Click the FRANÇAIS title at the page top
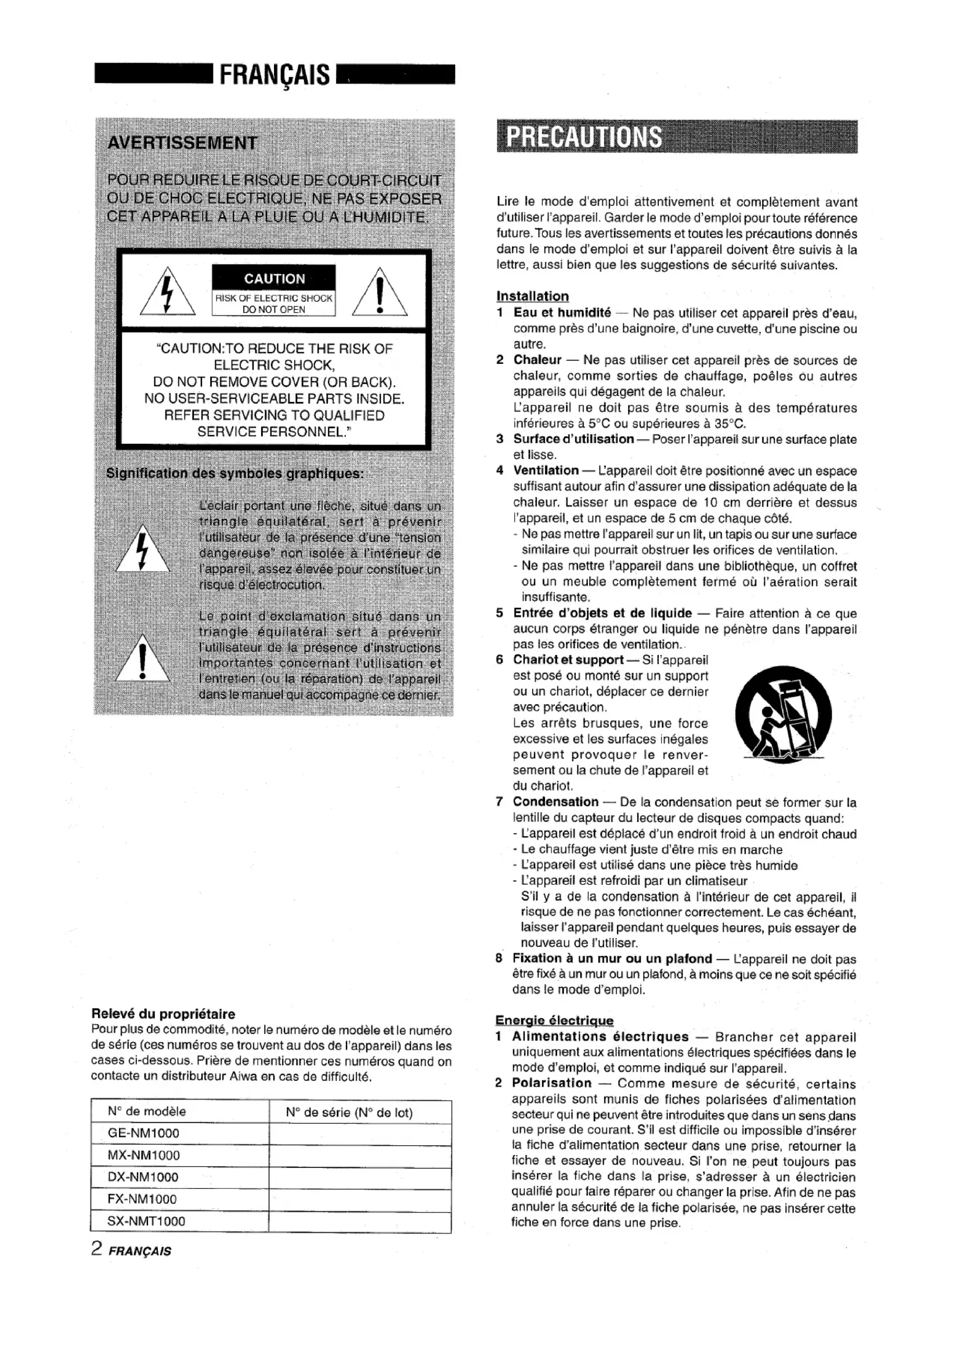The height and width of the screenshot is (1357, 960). [275, 75]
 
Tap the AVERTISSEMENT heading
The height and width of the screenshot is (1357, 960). [182, 143]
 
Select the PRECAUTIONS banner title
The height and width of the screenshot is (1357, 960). [584, 136]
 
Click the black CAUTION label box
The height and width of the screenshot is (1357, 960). [274, 278]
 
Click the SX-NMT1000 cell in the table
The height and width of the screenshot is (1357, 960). [147, 1221]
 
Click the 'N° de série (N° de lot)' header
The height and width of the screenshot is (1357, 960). [349, 1112]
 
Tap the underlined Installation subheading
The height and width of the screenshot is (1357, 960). [532, 296]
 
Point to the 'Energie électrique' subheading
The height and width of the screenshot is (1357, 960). [554, 1021]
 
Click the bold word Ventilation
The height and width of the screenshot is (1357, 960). [546, 471]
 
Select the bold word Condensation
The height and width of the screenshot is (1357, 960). [555, 802]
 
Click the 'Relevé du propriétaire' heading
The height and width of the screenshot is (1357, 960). [163, 1014]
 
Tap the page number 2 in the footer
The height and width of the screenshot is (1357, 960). [97, 1249]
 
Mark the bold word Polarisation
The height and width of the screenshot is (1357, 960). [551, 1083]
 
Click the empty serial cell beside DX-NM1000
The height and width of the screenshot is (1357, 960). [359, 1177]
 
